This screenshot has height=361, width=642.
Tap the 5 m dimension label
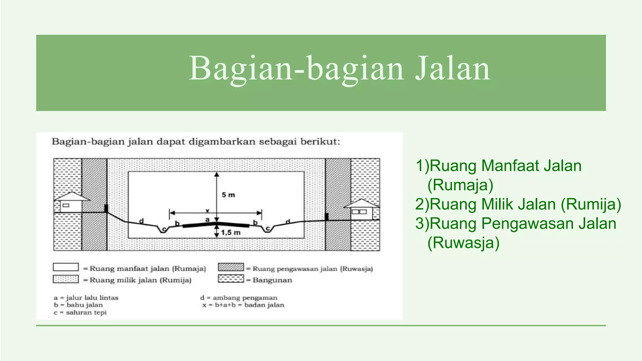(228, 195)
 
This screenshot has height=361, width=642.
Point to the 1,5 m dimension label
(231, 233)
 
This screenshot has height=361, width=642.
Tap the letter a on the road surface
(207, 220)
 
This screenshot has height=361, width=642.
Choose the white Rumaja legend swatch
(66, 267)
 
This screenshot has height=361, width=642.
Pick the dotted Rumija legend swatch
(66, 279)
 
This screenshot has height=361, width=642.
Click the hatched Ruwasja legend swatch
(231, 267)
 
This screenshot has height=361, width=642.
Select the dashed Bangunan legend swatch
(231, 279)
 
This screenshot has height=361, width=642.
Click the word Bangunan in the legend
(272, 280)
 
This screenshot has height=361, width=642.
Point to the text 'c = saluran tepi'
(80, 312)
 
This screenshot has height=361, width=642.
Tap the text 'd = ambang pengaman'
(239, 298)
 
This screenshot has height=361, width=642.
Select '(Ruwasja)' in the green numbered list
(463, 243)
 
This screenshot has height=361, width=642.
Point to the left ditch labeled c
(163, 229)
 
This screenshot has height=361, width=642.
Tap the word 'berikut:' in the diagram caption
(320, 142)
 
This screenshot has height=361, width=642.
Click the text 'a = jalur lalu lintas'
(86, 298)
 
